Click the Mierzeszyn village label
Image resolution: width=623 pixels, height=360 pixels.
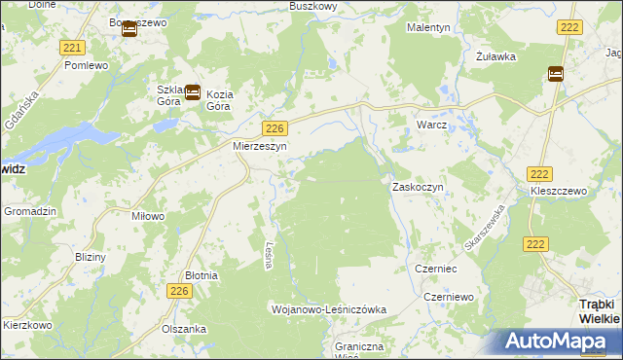coord(257,147)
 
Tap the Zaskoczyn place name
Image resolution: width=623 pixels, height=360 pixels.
coord(418,186)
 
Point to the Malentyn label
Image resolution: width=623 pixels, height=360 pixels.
coord(428,28)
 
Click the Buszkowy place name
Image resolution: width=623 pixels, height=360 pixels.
coord(312,6)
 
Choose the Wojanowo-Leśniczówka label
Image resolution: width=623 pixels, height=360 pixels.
coord(328,308)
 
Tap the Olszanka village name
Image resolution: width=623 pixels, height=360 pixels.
coord(184,329)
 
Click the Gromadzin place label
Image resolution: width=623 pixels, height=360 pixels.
coord(30,211)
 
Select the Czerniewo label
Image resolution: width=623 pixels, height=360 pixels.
coord(448,296)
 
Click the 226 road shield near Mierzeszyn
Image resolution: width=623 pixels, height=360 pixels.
coord(275,128)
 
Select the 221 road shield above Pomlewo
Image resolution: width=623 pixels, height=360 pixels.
coord(72,48)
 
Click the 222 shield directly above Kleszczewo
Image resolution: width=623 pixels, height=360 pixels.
coord(540,172)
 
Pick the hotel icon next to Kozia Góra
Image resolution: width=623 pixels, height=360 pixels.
coord(193,93)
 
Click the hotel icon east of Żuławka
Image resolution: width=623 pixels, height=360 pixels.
coord(556,73)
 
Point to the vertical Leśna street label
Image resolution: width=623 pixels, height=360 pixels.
coord(269,257)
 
